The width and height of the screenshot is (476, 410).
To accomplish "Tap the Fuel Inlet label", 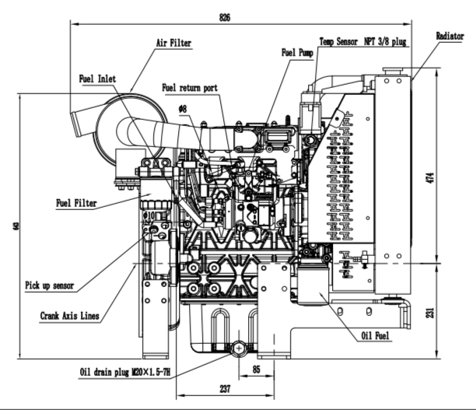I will tap(97, 79).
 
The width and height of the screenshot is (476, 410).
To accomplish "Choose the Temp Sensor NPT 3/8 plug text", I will tap(363, 40).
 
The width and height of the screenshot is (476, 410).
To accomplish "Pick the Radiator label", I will tap(450, 36).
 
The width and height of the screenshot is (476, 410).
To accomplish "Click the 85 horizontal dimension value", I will tap(255, 370).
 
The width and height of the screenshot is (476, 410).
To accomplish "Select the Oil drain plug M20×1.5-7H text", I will tap(124, 373).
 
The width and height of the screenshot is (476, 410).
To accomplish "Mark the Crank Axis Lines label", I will tap(73, 316).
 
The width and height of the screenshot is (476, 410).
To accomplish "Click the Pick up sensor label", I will tap(50, 286).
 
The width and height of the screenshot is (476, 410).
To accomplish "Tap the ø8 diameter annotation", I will tap(183, 110).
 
